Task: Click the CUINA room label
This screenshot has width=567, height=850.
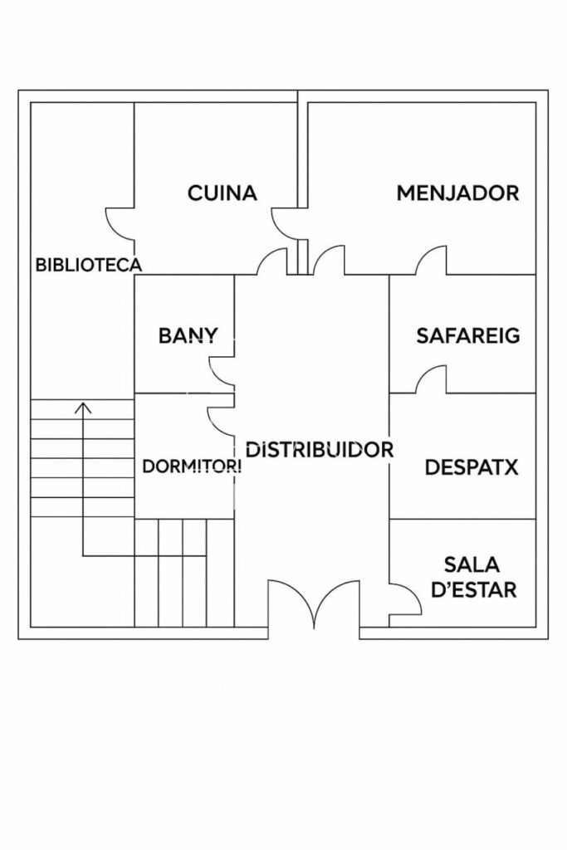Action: click(222, 193)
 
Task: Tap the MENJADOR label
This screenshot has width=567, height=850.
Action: click(457, 193)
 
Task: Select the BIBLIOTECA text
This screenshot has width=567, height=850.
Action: click(88, 266)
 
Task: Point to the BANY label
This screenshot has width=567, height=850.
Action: click(188, 336)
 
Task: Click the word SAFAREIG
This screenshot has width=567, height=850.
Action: click(467, 336)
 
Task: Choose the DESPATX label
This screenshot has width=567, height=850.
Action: click(471, 467)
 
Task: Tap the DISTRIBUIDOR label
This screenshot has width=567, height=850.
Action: click(319, 450)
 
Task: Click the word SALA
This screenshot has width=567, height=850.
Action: click(471, 565)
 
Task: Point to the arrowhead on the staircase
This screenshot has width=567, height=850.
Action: click(82, 407)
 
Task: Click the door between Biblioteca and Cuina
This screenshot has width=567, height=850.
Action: click(121, 222)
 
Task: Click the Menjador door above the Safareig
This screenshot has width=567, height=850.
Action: click(432, 261)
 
